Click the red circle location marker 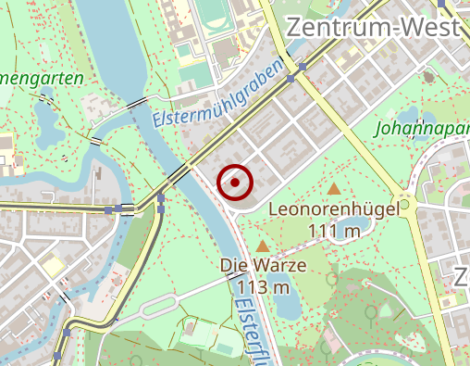(235, 183)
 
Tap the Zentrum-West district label (373, 28)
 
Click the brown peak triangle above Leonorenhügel (333, 190)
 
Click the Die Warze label (264, 265)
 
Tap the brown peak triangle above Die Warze (264, 246)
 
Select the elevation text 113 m (264, 286)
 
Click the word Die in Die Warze (235, 265)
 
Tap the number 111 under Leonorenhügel (321, 231)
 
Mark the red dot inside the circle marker (235, 183)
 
